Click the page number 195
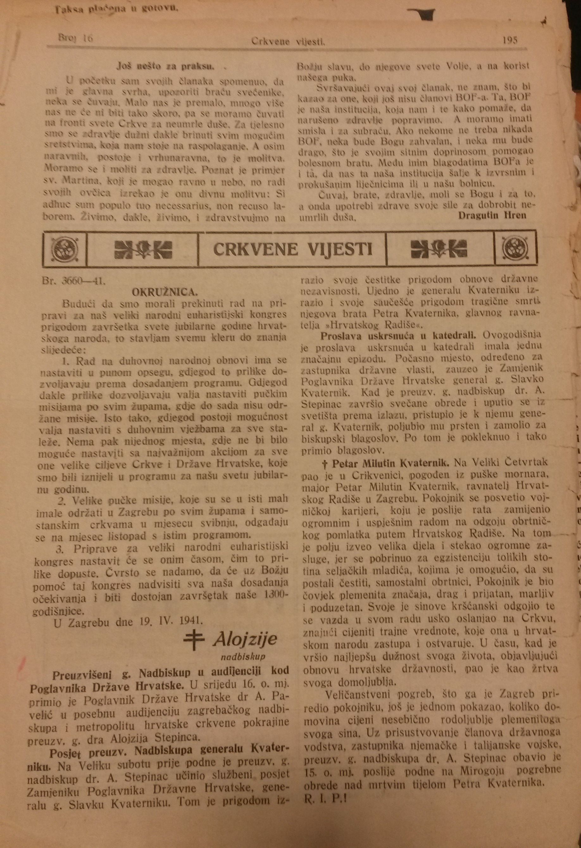[509, 40]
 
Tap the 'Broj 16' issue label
[76, 38]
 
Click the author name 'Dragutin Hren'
[492, 215]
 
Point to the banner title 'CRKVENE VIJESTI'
[292, 249]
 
